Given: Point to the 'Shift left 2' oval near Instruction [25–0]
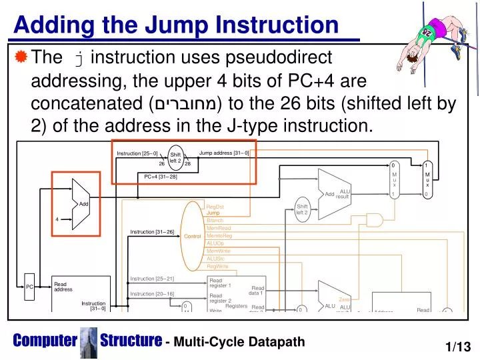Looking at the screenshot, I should click(175, 158).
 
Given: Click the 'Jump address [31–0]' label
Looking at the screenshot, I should click(224, 153).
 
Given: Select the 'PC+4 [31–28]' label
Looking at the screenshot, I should click(161, 176).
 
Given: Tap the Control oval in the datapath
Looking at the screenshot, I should click(193, 237).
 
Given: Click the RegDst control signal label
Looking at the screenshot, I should click(215, 207).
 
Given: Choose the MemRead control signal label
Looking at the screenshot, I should click(219, 228).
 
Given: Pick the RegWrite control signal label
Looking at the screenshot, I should click(217, 266).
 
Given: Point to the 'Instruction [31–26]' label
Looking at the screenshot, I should click(152, 231).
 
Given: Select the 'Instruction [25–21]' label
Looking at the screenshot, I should click(152, 279).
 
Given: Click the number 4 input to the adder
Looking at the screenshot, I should click(57, 219).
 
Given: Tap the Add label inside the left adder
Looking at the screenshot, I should click(84, 204).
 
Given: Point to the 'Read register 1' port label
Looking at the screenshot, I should click(220, 283).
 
